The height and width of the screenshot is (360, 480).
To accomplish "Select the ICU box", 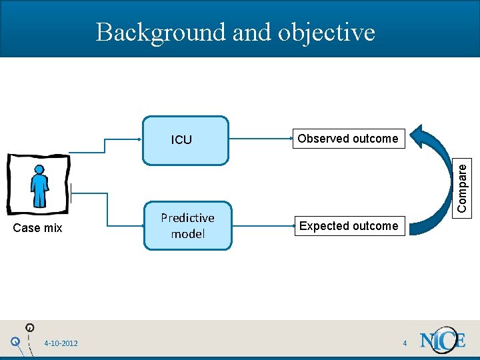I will coord(185,140).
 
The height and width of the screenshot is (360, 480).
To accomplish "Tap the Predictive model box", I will coord(188,226).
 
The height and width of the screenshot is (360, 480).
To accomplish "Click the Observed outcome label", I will coord(347,139).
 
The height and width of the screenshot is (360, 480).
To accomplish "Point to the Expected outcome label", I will coord(348,226).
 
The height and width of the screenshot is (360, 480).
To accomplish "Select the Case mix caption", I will coord(38,228).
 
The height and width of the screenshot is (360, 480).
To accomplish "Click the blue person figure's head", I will coord(39,171).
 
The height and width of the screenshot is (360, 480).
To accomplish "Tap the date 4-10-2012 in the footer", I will coord(61,343).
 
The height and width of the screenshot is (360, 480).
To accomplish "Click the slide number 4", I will coord(405,343).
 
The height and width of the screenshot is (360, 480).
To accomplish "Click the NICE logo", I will coord(442,341).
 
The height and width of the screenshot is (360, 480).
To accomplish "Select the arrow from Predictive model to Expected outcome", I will coord(263,227).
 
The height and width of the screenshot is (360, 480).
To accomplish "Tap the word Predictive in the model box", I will coord(187,218).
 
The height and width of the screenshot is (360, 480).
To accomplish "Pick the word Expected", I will coord(325,226).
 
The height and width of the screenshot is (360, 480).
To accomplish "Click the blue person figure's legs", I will coord(40,197).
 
